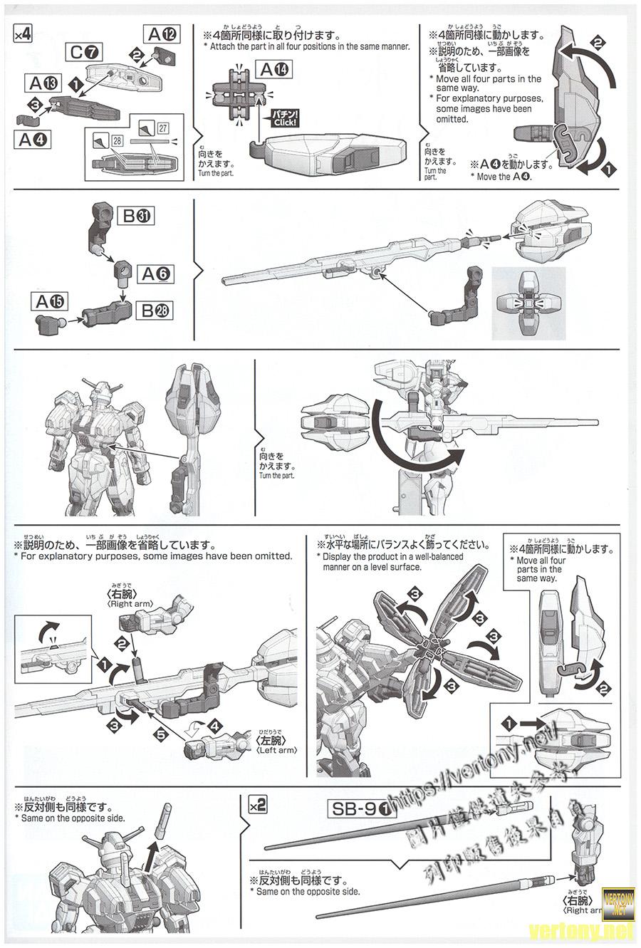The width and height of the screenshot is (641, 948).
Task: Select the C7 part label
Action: click(x=86, y=51)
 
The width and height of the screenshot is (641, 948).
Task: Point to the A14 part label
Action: click(x=273, y=69)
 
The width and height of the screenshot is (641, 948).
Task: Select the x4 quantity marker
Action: click(x=21, y=35)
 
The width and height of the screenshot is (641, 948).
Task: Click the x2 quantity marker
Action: click(x=257, y=806)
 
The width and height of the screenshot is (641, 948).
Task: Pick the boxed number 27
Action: click(x=163, y=128)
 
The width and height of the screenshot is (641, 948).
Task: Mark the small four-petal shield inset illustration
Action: click(x=528, y=304)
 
